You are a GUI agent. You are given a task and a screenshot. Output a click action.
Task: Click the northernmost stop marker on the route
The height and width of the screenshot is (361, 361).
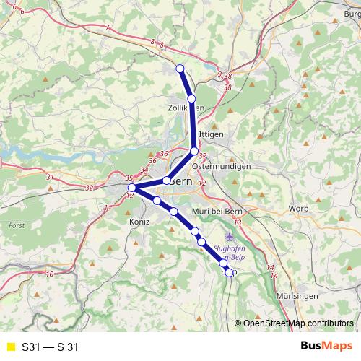tap(180, 69)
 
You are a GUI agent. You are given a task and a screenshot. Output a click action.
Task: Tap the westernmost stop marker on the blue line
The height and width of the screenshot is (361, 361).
tap(131, 188)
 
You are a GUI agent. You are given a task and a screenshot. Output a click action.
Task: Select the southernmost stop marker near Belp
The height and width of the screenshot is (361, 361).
tap(230, 272)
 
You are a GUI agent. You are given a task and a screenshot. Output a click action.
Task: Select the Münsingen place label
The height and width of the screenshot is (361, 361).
tap(297, 297)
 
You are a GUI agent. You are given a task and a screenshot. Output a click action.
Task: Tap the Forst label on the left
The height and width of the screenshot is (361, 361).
tap(17, 225)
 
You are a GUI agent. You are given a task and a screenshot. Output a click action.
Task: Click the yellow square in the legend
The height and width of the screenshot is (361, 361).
tap(10, 347)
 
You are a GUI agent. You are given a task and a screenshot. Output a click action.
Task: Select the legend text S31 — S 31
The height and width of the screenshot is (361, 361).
tap(50, 347)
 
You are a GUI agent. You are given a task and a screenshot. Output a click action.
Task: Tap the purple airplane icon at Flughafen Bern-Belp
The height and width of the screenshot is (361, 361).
tap(230, 235)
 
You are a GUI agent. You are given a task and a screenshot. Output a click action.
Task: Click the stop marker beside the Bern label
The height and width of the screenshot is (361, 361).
tap(166, 180)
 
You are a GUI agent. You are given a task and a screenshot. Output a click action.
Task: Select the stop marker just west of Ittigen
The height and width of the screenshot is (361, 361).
tap(194, 151)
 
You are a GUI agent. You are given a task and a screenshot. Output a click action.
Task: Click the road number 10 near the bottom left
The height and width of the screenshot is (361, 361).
tap(50, 274)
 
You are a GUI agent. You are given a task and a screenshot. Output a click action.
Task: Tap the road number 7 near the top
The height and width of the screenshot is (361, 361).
tap(107, 27)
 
